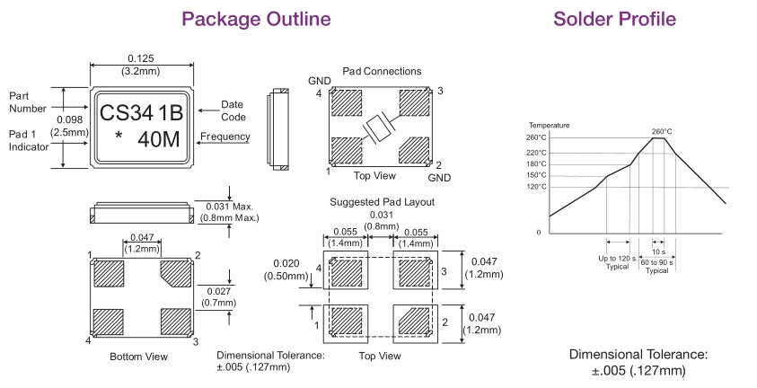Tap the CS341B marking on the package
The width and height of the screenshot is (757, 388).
141,114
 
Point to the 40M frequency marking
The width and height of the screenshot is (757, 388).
158,140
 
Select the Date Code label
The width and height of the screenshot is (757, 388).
233,111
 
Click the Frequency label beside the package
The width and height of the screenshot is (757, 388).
224,137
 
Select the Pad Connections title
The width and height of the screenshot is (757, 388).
382,71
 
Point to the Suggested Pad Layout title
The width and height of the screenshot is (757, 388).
382,202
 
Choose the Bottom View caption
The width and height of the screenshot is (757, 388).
138,357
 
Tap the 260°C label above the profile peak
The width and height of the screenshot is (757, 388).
663,130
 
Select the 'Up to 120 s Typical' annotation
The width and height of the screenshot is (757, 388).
619,262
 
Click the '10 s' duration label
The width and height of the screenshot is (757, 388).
658,251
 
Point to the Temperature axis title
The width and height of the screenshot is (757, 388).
549,124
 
